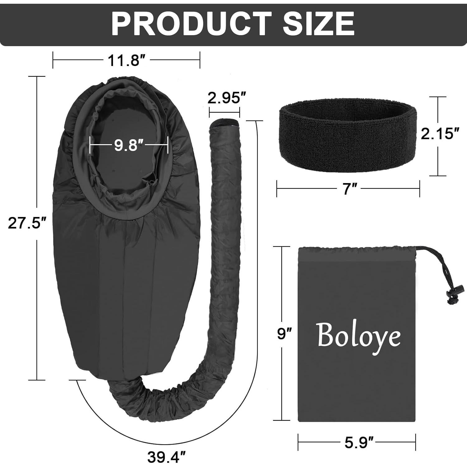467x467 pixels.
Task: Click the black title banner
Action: click(233, 24)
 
